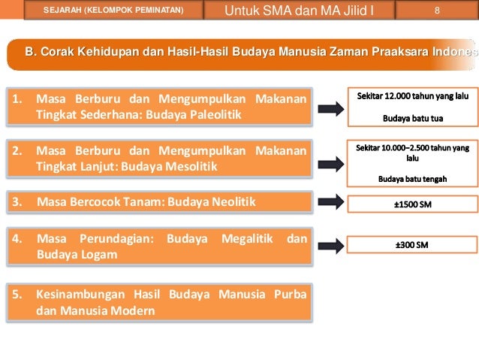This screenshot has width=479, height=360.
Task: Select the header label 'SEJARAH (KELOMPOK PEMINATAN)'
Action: click(x=113, y=11)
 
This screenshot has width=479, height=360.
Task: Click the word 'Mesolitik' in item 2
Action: click(x=192, y=166)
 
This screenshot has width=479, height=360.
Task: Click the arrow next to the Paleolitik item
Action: click(x=330, y=108)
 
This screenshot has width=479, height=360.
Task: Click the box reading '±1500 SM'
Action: click(x=412, y=204)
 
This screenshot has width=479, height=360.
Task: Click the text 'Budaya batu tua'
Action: click(x=412, y=119)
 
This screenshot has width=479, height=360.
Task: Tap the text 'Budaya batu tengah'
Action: click(x=412, y=178)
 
